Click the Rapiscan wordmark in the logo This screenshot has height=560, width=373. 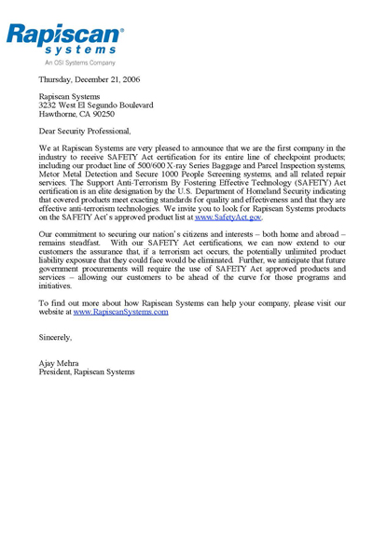pos(63,35)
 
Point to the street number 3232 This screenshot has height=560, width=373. pos(48,105)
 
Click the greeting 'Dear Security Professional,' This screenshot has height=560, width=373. pos(85,132)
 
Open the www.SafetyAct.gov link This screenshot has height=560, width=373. pos(228,217)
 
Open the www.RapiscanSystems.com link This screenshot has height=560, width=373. pos(120,312)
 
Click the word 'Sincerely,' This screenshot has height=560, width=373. pos(55,337)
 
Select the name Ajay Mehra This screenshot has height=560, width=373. pos(59,363)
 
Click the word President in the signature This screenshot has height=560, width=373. pos(55,371)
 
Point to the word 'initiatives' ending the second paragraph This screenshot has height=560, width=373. pos(55,286)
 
